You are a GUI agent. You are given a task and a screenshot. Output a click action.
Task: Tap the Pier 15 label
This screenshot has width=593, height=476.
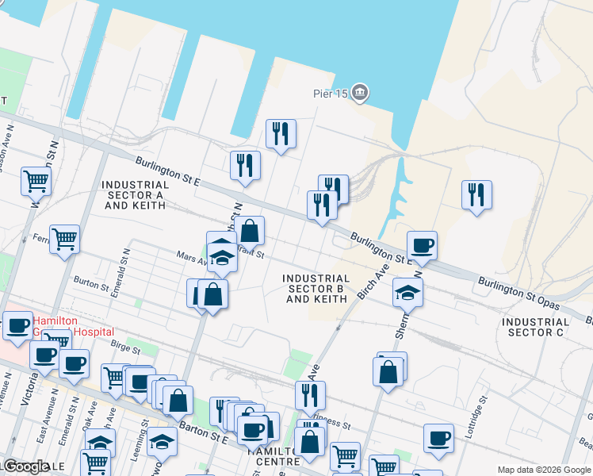330,94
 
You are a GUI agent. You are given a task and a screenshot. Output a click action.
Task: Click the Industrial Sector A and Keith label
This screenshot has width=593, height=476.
133,194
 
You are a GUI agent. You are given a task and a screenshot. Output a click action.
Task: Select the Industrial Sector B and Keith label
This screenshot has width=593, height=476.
316,289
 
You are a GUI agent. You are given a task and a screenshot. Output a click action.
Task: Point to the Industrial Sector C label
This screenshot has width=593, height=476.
535,327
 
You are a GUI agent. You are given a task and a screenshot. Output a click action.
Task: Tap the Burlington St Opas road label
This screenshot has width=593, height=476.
519,294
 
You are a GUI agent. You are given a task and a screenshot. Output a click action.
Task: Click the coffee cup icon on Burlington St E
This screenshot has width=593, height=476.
422,246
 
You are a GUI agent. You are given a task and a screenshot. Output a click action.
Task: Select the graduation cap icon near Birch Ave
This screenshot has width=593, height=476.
407,293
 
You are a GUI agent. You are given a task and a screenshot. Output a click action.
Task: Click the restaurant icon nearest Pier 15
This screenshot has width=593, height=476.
281,134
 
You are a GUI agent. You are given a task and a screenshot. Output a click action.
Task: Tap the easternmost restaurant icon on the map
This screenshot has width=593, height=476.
476,195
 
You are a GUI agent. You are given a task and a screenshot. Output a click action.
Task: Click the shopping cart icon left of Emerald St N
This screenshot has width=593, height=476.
64,239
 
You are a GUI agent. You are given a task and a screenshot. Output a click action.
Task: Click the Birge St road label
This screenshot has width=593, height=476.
125,347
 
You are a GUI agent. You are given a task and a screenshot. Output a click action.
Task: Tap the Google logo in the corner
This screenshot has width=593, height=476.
25,466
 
